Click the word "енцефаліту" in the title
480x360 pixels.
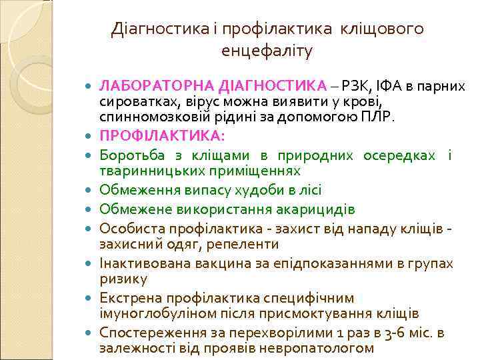coord(266,50)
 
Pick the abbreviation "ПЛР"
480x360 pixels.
coord(381,117)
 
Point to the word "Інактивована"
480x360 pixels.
coord(145,263)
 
